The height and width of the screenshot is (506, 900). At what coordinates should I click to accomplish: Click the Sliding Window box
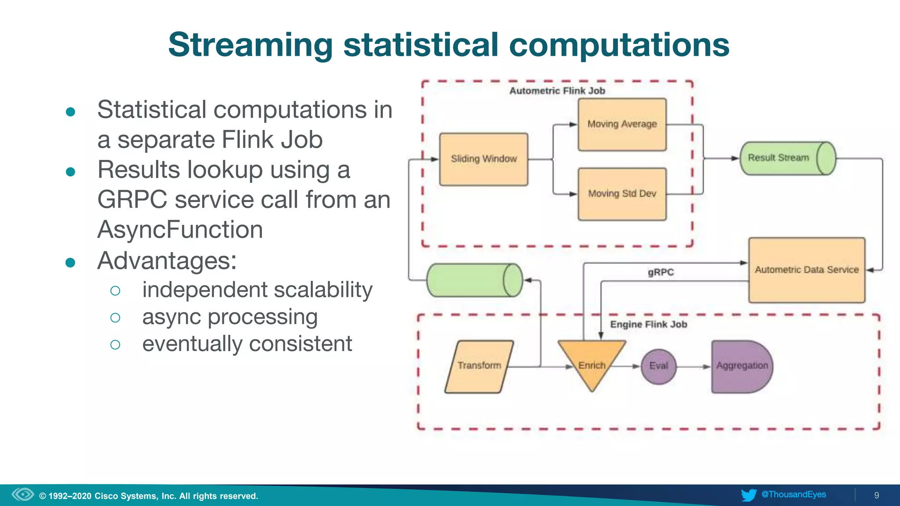(483, 159)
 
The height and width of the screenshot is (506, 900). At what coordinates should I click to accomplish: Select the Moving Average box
(622, 125)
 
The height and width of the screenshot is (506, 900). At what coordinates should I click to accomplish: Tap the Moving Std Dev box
(622, 194)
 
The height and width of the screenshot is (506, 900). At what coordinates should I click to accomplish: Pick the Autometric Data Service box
(806, 270)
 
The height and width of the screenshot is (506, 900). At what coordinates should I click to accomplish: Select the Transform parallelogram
(479, 366)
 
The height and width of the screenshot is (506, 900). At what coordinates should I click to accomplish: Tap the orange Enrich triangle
(592, 363)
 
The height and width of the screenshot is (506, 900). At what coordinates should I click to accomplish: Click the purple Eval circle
(658, 366)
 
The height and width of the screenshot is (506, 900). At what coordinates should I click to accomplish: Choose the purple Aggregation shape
(742, 366)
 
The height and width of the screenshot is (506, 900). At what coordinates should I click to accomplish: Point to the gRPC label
(660, 272)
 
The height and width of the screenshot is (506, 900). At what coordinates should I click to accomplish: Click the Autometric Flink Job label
(557, 91)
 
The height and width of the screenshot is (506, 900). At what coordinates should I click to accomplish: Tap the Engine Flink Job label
(648, 325)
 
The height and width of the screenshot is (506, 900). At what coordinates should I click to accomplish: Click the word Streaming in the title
(250, 45)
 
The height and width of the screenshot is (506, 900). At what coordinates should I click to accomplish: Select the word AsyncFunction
(180, 230)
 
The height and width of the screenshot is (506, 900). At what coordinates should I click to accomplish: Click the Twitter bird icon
(748, 495)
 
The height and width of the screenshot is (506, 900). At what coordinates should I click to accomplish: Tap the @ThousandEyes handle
(794, 495)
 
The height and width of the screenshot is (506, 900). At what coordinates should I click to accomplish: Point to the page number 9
(876, 495)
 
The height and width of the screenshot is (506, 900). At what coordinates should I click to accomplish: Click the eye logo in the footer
(23, 495)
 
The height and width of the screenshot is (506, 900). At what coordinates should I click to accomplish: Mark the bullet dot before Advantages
(70, 263)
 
